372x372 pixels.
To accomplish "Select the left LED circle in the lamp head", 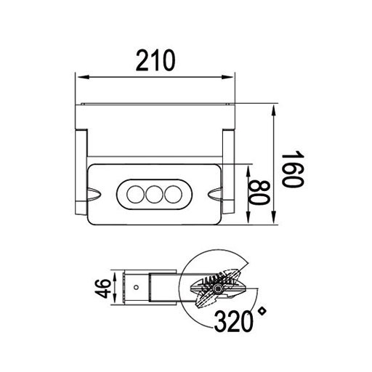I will click(x=134, y=194).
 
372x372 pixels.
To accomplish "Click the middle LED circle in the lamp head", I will click(x=153, y=194).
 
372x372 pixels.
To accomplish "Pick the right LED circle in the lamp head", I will click(x=172, y=194).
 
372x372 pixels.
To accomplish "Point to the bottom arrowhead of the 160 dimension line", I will click(x=273, y=227).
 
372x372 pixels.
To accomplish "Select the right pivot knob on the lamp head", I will click(x=216, y=194).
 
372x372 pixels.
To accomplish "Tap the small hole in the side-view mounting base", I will click(x=135, y=287).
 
